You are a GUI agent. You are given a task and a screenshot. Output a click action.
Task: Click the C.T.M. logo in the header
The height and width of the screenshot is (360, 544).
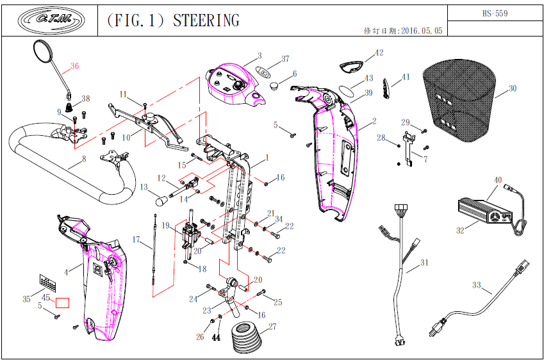(49, 20)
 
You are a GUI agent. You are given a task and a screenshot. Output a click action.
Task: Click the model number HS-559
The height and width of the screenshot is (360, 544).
(495, 13)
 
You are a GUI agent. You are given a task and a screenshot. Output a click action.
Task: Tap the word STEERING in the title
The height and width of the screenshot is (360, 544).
(206, 20)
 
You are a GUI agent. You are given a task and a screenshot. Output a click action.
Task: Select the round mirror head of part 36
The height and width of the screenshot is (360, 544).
(44, 52)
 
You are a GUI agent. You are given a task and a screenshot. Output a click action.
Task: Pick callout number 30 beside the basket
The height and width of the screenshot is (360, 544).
(512, 88)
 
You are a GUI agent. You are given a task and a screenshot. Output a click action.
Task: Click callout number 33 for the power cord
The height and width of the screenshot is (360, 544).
(476, 284)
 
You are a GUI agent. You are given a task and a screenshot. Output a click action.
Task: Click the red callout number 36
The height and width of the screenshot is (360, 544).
(75, 66)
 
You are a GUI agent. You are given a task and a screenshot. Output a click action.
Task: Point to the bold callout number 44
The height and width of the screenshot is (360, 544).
(216, 337)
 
